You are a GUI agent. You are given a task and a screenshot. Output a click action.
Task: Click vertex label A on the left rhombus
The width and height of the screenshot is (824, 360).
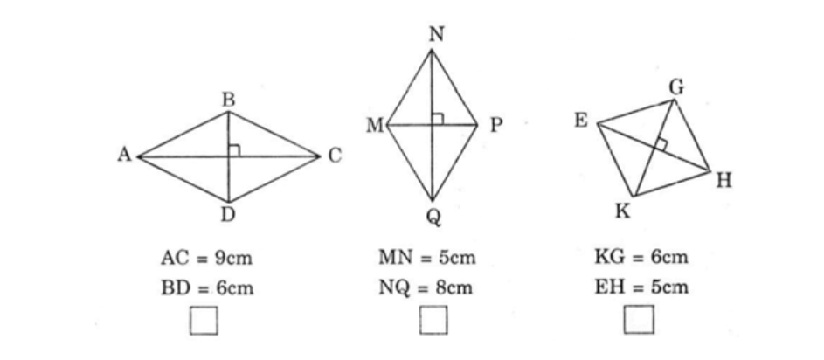(124, 155)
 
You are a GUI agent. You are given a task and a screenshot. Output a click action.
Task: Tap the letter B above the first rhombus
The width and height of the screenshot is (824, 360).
(228, 100)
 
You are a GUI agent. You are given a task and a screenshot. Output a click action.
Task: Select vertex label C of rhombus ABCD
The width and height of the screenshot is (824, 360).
(335, 156)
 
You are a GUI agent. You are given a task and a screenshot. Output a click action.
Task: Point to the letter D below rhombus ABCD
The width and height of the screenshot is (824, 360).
(228, 214)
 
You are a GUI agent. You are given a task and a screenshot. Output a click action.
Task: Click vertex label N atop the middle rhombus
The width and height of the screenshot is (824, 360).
(436, 35)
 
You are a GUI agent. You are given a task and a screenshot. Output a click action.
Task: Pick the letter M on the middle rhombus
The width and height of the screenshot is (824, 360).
(375, 126)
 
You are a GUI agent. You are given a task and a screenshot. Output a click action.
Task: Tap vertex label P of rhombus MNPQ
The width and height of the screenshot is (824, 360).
(496, 126)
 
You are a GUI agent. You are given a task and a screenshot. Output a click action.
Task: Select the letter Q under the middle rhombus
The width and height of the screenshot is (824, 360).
(433, 217)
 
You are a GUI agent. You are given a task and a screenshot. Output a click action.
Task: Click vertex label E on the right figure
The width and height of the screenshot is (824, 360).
(581, 121)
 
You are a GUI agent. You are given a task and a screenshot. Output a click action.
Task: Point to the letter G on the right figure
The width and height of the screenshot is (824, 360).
(677, 87)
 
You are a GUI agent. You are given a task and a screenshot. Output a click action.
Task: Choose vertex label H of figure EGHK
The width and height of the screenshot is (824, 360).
(724, 182)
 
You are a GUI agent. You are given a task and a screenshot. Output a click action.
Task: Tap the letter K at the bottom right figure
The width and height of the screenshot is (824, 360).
(623, 211)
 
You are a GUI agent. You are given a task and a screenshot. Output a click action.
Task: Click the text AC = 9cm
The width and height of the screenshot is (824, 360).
(206, 258)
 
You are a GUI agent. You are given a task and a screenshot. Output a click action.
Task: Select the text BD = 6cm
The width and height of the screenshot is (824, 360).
(207, 288)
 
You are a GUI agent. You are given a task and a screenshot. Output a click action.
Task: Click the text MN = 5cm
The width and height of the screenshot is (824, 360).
(427, 258)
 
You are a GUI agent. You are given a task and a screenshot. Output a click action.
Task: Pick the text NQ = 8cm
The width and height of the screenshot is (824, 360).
(426, 288)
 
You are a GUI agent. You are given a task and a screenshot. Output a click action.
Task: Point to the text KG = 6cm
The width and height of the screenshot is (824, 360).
(641, 258)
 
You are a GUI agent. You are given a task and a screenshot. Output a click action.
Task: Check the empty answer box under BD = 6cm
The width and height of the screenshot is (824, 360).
(204, 320)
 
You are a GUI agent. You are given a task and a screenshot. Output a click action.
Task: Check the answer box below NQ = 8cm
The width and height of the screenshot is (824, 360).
(433, 320)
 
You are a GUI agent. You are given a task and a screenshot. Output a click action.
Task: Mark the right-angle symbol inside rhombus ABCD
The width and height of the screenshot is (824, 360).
(234, 151)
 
